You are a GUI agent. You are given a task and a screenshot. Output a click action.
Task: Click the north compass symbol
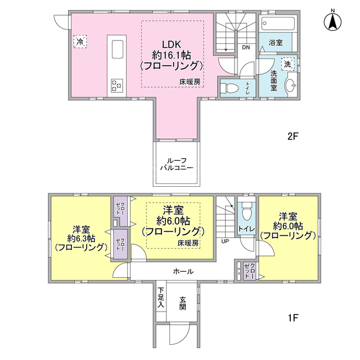(x=332, y=21)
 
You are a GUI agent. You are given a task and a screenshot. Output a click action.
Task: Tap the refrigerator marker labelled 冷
(x=80, y=42)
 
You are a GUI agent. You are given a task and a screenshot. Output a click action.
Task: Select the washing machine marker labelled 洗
(x=287, y=64)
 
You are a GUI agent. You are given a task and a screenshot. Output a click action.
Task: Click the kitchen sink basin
(x=118, y=49)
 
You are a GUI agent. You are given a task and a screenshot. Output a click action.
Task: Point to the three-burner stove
(x=116, y=85)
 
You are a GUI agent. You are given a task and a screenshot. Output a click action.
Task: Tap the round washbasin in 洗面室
(x=290, y=85)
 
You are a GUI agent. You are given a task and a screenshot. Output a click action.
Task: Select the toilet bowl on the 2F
(x=229, y=88)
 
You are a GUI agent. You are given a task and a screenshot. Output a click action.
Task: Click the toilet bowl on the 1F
(x=247, y=211)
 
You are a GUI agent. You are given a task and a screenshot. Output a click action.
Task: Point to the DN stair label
(x=246, y=47)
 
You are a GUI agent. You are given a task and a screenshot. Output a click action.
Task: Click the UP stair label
(x=225, y=241)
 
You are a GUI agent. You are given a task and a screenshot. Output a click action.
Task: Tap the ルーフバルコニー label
(x=177, y=164)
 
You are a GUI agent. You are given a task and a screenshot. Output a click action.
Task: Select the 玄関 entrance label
(x=182, y=303)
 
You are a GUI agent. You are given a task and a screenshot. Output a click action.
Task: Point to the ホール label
(x=183, y=272)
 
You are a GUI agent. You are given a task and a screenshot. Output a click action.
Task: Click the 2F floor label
(x=292, y=136)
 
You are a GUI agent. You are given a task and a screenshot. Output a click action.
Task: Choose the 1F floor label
(x=292, y=318)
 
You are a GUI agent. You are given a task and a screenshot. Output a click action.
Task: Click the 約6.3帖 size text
(x=81, y=238)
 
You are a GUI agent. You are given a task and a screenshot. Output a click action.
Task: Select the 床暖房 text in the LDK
(x=190, y=82)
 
